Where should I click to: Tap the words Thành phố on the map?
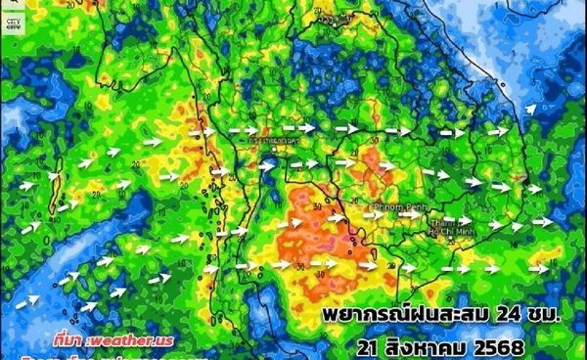point(446,222)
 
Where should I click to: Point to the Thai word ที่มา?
point(68,338)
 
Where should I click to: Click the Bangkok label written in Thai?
point(275,142)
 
